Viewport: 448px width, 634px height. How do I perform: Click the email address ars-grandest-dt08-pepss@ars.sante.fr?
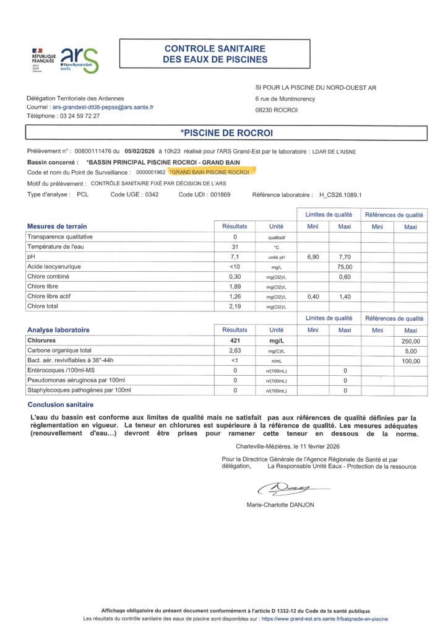click(103, 107)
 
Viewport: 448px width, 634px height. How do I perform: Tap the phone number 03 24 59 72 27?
click(79, 116)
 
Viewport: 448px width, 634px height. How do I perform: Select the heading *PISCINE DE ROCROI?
click(226, 133)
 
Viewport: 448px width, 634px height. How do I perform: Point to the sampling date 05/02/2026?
click(140, 150)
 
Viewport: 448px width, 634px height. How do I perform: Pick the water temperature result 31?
click(235, 246)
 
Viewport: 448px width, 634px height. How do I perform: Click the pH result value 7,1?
click(235, 256)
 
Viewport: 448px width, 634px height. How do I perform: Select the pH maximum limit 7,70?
click(344, 256)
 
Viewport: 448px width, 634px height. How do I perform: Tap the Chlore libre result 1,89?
click(235, 287)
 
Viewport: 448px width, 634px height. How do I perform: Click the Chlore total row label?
click(45, 306)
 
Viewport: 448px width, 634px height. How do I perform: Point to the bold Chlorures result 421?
click(235, 341)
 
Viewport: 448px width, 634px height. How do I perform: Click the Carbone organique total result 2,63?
click(235, 350)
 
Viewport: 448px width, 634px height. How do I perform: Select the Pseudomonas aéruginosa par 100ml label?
click(75, 380)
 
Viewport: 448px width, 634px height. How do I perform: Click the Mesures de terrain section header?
click(58, 226)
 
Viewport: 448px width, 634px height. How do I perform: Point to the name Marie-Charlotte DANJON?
click(280, 505)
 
